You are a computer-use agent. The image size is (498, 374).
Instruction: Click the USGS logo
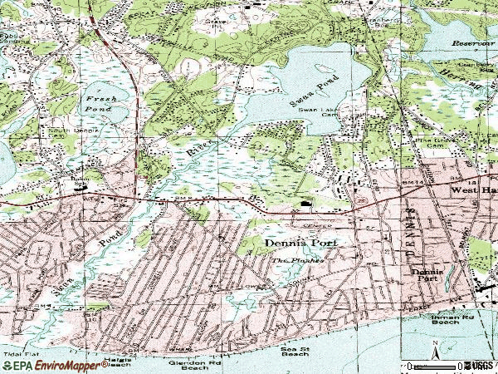[480, 365]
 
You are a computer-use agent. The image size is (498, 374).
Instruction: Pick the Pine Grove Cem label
[433, 144]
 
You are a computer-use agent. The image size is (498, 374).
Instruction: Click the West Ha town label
[473, 189]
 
